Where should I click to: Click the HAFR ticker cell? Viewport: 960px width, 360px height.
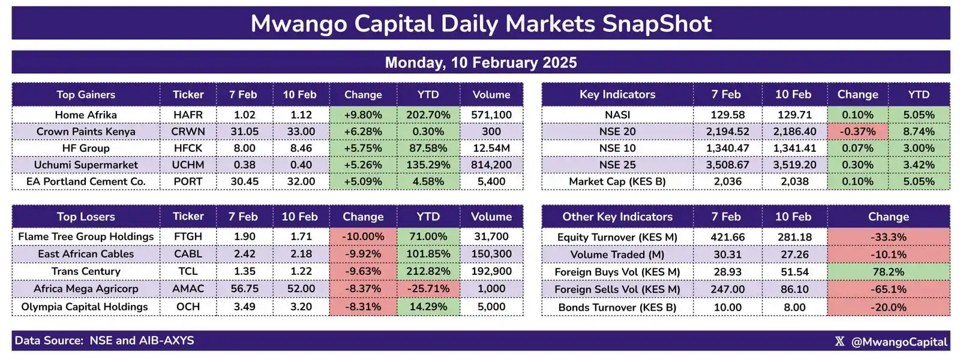click(188, 115)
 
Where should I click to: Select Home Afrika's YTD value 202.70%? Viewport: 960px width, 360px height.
click(428, 115)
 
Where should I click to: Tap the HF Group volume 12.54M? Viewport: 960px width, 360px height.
click(491, 148)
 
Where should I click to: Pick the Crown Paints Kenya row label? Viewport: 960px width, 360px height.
click(86, 131)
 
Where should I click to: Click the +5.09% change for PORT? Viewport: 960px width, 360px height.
click(362, 181)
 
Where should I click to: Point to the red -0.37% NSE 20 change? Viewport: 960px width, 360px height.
click(857, 131)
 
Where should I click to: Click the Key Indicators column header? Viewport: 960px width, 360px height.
click(617, 94)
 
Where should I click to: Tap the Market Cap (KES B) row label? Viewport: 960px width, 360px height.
click(617, 181)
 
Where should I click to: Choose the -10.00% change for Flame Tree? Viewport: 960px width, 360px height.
click(362, 237)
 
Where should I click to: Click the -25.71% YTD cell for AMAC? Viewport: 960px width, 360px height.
click(428, 289)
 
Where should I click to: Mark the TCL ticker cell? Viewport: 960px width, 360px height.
click(188, 271)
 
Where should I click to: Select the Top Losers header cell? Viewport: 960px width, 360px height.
click(86, 217)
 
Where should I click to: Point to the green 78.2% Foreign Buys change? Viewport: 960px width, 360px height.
click(888, 272)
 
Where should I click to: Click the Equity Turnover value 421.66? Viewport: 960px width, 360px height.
click(727, 237)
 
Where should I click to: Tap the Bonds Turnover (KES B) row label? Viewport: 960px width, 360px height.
click(617, 307)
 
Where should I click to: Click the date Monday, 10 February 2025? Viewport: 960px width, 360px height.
click(481, 62)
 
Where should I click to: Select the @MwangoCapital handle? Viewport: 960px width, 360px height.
click(899, 341)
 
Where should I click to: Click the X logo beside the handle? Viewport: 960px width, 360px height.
click(839, 341)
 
